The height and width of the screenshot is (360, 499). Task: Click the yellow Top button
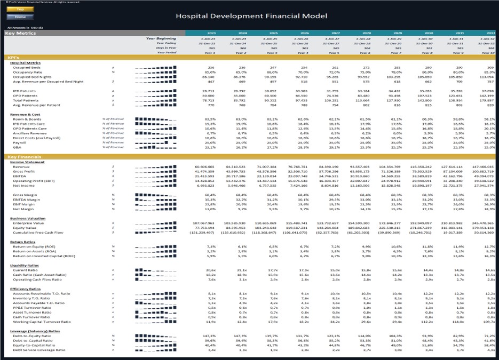(x=20, y=9)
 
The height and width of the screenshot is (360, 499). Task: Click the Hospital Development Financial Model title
(x=251, y=16)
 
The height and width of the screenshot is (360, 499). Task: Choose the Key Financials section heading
(x=21, y=157)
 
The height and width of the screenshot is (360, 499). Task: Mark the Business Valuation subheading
(x=28, y=218)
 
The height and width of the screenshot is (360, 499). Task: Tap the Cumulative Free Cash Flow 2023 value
(x=201, y=233)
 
